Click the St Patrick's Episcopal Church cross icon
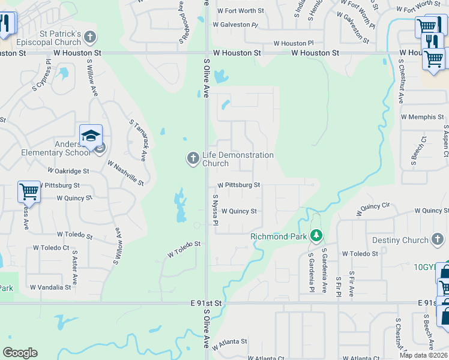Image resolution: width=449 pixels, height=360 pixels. point(90,37)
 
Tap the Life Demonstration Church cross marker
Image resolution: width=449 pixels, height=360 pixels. point(193,158)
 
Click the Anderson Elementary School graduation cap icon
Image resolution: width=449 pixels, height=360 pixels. point(91,135)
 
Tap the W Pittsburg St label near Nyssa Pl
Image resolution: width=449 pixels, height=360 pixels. point(238,185)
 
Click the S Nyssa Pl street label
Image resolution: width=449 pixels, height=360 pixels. point(214,211)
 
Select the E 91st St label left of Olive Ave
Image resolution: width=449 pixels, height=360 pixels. point(205,304)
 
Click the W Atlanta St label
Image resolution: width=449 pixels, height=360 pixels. point(229,341)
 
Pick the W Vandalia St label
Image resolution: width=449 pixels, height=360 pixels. point(50,287)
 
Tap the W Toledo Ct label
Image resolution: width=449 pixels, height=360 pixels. point(51,248)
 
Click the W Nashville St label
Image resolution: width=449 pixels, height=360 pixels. point(125,173)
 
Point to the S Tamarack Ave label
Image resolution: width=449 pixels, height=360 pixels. point(139,139)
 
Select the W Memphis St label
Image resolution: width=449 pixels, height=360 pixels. point(423,117)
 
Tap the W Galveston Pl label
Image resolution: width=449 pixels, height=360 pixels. point(235,25)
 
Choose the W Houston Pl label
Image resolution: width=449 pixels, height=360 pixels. point(294,44)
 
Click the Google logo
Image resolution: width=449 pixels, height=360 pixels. point(20,353)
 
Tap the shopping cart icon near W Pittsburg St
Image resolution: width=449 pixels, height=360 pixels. point(29,191)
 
